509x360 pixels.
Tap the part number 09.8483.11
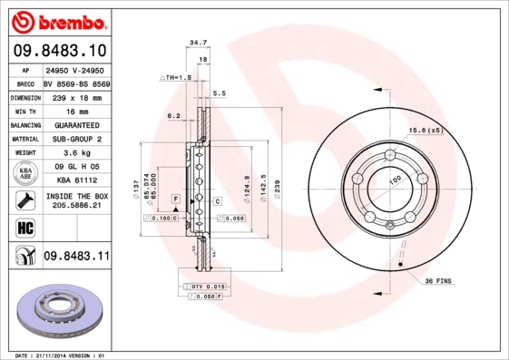(x=76, y=258)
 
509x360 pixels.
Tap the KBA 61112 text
(x=76, y=180)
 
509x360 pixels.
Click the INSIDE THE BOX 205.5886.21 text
(x=76, y=200)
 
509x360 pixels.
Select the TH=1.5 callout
(x=176, y=78)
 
